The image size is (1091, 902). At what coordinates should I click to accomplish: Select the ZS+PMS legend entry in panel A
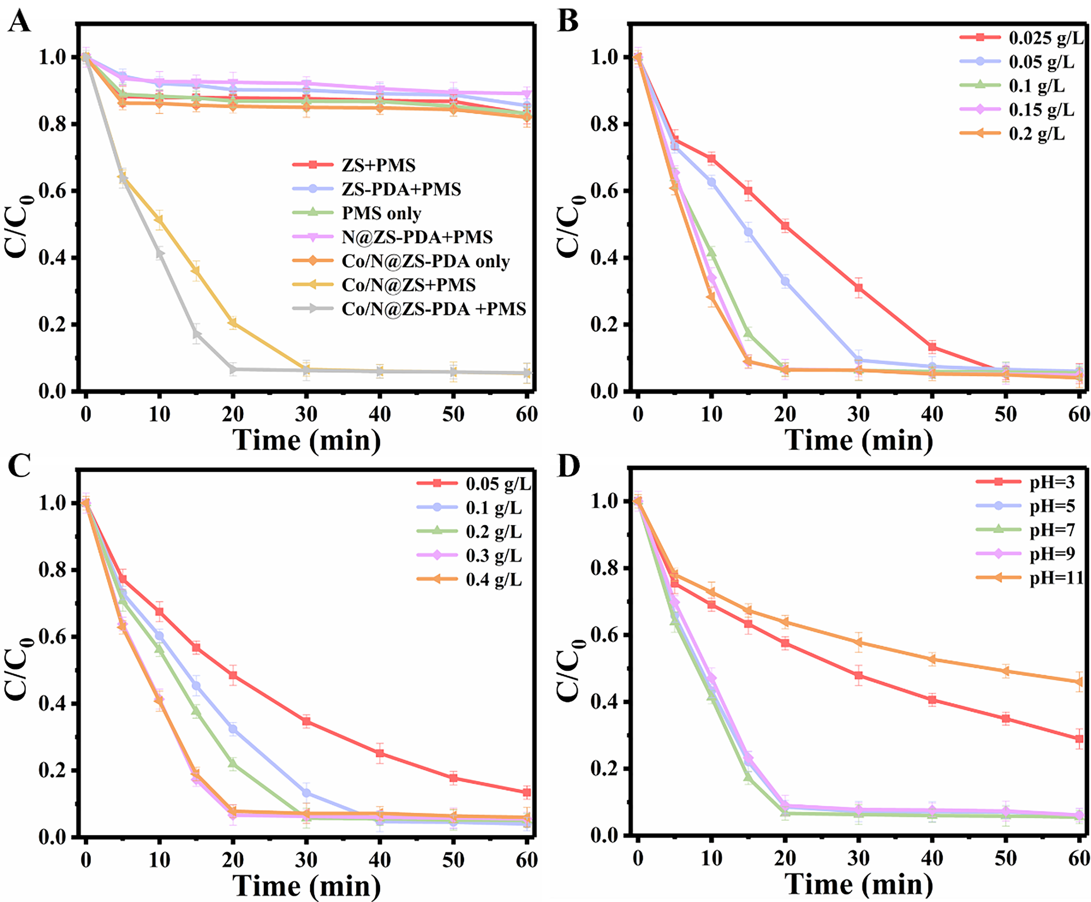point(378,165)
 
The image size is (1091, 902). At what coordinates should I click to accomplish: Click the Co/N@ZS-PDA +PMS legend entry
point(433,309)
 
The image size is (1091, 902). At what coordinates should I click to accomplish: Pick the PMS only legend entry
point(381,213)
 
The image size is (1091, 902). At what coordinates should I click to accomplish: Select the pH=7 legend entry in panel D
point(1052,530)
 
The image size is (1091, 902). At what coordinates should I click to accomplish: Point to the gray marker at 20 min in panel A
point(233,370)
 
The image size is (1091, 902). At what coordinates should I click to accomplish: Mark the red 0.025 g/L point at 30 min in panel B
point(858,287)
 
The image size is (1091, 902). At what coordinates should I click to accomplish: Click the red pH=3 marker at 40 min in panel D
point(932,700)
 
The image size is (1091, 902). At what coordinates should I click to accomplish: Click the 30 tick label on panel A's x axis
point(306,414)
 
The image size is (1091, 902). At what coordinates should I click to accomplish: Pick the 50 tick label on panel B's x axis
point(1005,414)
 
